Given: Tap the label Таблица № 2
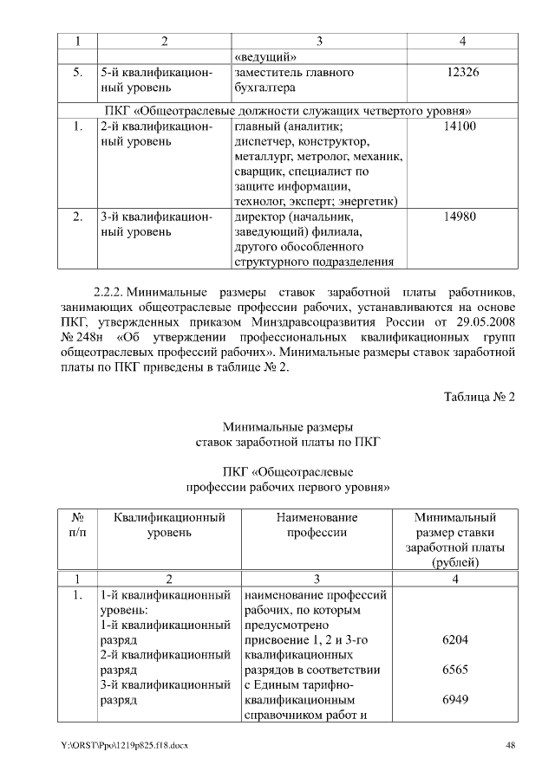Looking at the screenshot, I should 480,397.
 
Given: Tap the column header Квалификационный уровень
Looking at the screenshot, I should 168,524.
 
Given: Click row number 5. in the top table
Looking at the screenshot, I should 76,73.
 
